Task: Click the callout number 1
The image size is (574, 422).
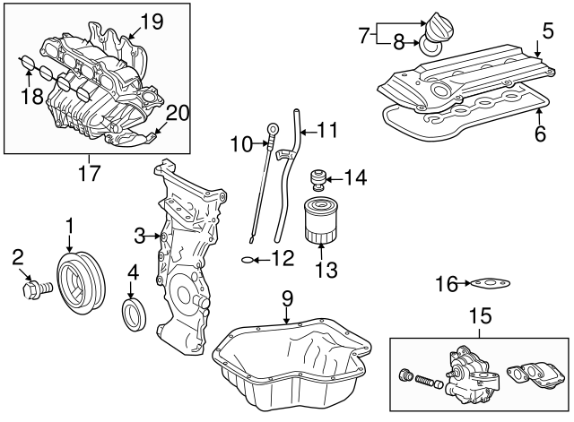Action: tap(69, 224)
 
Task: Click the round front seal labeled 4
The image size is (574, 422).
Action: tap(135, 314)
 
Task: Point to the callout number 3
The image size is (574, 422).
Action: tap(140, 236)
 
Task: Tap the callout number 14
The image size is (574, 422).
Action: tap(355, 178)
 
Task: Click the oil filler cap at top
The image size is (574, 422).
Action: tap(440, 23)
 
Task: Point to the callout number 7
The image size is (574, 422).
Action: tap(363, 37)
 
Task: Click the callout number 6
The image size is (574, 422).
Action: tap(539, 133)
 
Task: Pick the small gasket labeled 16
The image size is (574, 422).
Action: tap(490, 285)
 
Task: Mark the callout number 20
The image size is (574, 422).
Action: tap(178, 113)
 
